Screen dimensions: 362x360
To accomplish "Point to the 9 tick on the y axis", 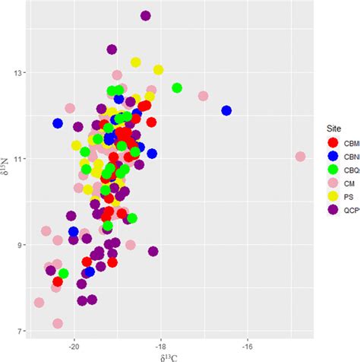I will pos(23,245).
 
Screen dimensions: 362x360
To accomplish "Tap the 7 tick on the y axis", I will pos(23,331).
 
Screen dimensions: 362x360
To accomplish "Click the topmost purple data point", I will pos(146,15).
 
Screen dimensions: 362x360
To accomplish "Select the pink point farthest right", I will pos(300,157).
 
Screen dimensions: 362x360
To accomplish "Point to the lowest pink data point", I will pos(58,323).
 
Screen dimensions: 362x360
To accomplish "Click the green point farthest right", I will pos(177,88).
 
